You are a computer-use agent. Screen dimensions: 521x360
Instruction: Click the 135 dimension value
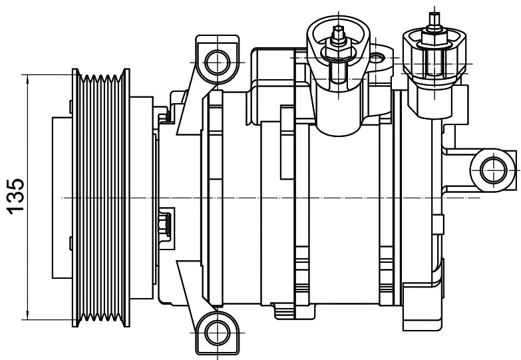pos(15,196)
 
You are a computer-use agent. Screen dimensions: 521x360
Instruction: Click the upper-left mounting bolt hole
pos(218,62)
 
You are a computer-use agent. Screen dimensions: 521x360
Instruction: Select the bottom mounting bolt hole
pos(218,333)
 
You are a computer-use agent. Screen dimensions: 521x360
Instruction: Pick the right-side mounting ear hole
pos(494,170)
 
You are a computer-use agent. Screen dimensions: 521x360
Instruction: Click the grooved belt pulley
pos(100,198)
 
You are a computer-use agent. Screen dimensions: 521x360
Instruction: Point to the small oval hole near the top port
pos(377,58)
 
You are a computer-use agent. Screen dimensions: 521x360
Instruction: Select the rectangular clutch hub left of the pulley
pos(62,198)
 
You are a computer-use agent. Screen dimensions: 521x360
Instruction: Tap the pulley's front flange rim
pos(76,198)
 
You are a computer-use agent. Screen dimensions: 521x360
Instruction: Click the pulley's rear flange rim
pos(126,198)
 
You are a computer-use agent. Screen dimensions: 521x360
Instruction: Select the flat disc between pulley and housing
pos(142,198)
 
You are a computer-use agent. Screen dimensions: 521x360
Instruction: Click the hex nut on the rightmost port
pos(434,40)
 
